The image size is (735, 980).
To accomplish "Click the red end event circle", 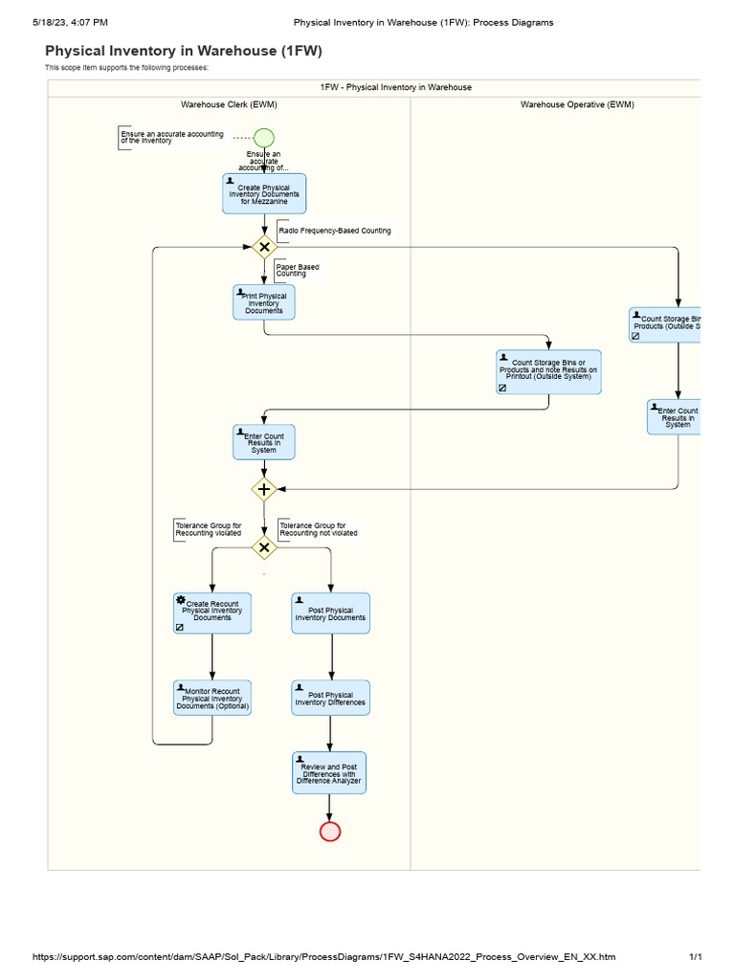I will [329, 831].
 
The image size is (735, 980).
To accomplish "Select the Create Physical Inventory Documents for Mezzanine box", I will [264, 193].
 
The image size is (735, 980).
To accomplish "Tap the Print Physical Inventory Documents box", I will [264, 302].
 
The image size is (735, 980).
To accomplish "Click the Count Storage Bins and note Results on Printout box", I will [549, 371].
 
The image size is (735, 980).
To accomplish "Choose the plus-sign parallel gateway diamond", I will [264, 489].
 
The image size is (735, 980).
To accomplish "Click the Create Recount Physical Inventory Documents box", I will [212, 612].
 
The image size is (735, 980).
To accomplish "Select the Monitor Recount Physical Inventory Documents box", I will [212, 698].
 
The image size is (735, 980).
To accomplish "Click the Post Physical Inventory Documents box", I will [330, 612].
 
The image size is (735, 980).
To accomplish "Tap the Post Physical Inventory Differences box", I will [330, 698].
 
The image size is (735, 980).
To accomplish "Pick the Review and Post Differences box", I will [329, 773].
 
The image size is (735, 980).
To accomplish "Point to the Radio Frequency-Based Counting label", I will [334, 231].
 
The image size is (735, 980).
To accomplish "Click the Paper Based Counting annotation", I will [298, 270].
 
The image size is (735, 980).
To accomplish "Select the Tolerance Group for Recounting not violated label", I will [319, 529].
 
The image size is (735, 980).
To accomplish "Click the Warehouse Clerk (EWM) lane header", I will [229, 104].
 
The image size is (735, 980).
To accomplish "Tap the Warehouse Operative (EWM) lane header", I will [577, 104].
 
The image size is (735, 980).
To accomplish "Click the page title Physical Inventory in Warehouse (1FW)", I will [184, 51].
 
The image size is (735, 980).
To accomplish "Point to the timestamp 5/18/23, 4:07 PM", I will [69, 22].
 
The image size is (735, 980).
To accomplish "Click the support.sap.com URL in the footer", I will [323, 957].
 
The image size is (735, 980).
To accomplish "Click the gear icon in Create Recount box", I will [181, 599].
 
